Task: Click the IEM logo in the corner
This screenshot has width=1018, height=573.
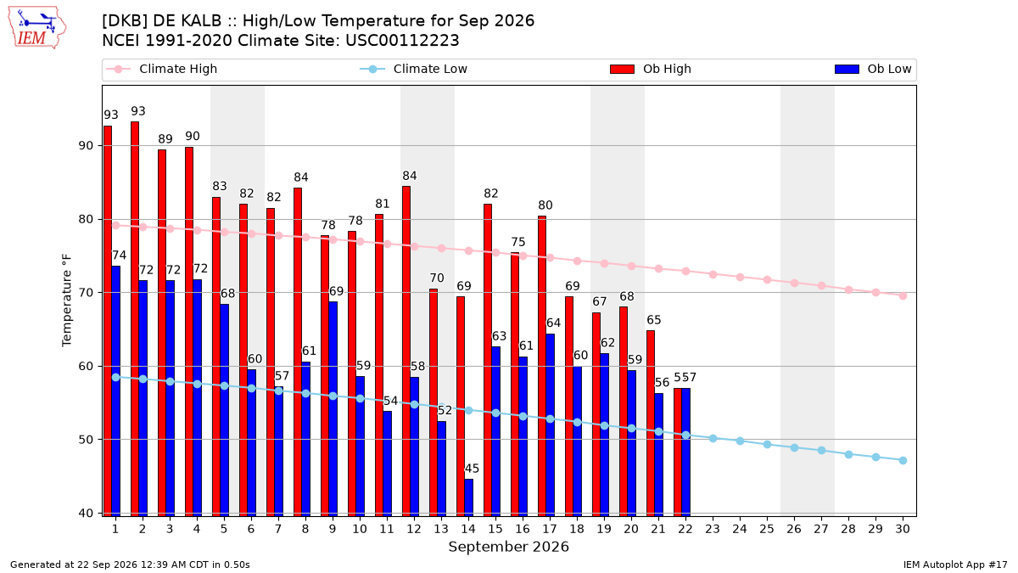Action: pos(36,27)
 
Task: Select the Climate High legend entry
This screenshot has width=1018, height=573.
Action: pos(161,69)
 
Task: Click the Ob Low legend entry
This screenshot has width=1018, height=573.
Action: pos(873,69)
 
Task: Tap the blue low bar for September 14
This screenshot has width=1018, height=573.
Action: pos(468,497)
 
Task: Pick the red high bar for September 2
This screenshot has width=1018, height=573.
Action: pos(135,319)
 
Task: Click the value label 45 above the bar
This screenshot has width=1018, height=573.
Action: pos(472,469)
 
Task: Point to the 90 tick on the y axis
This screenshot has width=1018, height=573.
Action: pos(86,146)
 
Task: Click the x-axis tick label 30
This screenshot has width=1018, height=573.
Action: pos(903,530)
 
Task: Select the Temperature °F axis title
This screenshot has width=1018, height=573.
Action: pos(67,301)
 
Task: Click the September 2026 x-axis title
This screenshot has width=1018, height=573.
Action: pos(508,547)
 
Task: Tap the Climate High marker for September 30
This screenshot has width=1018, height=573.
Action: pos(903,296)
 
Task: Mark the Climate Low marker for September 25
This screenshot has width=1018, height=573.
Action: pos(767,444)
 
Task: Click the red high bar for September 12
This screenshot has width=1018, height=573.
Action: pos(406,351)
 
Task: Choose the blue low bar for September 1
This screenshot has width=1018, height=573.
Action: pos(116,391)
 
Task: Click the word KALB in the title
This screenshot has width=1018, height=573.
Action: pos(200,21)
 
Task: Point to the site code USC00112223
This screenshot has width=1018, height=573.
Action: pos(402,41)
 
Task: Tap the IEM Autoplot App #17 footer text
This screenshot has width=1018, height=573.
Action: pos(955,565)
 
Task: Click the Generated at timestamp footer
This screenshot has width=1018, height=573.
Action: pos(130,565)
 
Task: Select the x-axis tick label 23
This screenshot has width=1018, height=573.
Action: pos(713,530)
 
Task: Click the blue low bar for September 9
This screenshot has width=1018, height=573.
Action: pos(333,409)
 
